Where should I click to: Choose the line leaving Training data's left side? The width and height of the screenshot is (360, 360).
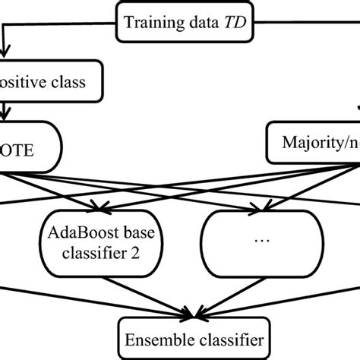pyautogui.click(x=61, y=24)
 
